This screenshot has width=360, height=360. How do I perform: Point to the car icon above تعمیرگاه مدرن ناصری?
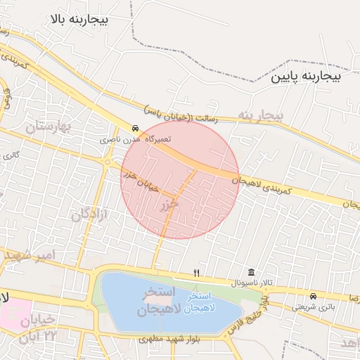134,129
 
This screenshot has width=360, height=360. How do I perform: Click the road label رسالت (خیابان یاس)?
181,115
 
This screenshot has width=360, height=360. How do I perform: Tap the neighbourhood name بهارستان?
49,127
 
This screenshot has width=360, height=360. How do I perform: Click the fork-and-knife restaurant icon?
197,273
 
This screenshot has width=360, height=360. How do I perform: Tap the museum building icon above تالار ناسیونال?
251,273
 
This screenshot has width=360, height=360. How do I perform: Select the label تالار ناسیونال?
250,282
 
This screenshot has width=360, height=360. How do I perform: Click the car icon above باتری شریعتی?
312,296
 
